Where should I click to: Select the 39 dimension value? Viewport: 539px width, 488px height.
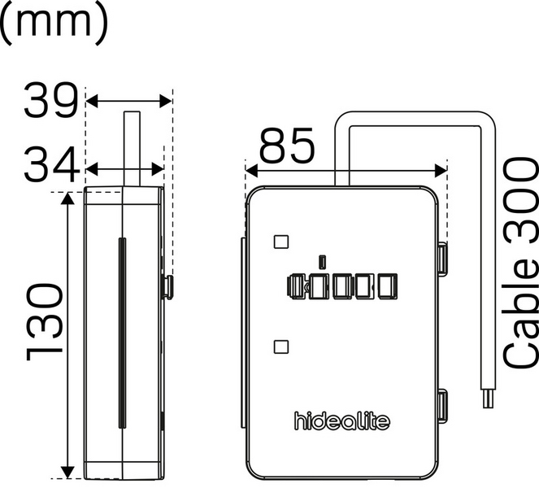click(x=50, y=101)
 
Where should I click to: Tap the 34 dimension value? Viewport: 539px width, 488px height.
click(x=50, y=168)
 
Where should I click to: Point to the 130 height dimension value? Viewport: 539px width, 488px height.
click(x=45, y=321)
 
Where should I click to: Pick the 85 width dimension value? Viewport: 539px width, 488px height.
click(x=287, y=149)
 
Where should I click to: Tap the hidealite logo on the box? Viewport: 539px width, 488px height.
click(x=341, y=420)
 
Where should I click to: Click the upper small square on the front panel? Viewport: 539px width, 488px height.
click(x=281, y=242)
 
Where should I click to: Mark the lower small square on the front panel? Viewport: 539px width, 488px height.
click(x=281, y=346)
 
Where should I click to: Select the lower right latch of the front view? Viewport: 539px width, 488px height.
click(x=441, y=406)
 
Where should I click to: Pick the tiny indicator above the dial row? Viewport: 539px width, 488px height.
click(x=324, y=261)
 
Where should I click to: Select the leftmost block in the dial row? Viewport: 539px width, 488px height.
click(x=296, y=286)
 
